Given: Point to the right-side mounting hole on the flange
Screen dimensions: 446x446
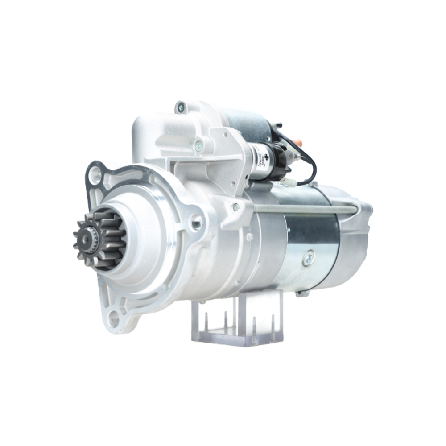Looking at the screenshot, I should point(197,222).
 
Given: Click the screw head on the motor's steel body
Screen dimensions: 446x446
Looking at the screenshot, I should point(308,257).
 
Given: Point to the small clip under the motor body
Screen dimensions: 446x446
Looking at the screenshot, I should point(301,293).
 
